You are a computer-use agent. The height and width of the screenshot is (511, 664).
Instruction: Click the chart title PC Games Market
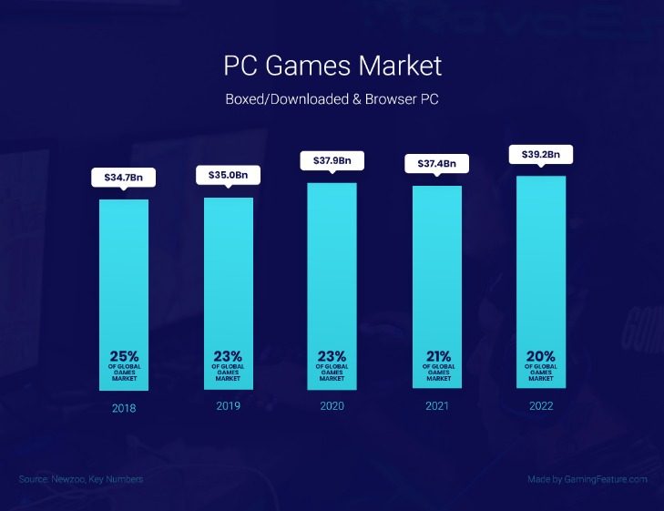click(x=332, y=66)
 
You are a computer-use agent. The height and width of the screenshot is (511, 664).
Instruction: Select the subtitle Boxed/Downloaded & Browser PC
click(x=332, y=98)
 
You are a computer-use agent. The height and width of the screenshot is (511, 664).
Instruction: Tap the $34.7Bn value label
click(x=124, y=177)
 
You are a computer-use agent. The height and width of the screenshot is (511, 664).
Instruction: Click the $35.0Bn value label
click(x=229, y=175)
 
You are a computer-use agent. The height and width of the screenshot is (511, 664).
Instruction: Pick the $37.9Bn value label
click(x=332, y=161)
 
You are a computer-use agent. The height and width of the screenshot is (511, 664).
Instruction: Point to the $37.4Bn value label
click(x=437, y=164)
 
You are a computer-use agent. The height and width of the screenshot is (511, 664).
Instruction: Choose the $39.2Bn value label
click(x=541, y=154)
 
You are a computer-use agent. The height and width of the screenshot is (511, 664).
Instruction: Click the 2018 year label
click(x=124, y=408)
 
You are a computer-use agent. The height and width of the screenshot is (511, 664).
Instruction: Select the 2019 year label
click(x=229, y=407)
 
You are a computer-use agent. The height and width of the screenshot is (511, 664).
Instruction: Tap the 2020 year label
click(x=332, y=406)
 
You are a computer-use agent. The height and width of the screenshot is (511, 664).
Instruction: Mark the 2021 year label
click(x=437, y=406)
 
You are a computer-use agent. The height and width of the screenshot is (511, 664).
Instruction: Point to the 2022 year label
click(x=541, y=406)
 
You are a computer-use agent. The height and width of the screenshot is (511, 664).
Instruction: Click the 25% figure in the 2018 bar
click(x=124, y=356)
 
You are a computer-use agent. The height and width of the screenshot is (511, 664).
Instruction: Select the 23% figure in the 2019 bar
click(x=229, y=356)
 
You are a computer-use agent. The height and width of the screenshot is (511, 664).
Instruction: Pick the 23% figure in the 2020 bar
click(x=332, y=356)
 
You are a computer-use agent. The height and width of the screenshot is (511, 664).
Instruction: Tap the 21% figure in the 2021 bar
click(x=437, y=356)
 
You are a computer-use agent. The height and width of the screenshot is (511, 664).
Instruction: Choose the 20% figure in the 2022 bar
click(x=541, y=356)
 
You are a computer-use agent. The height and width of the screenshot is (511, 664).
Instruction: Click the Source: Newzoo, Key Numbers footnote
click(x=80, y=479)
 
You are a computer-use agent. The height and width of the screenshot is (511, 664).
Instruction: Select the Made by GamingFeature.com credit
click(x=587, y=479)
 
